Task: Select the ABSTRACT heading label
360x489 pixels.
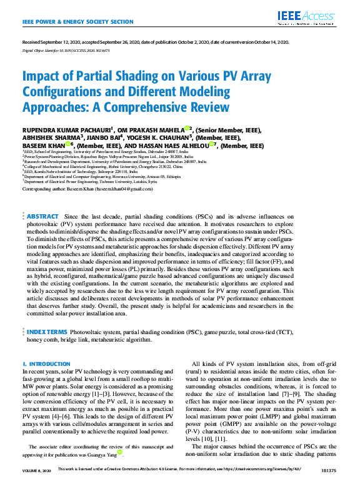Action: pos(42,215)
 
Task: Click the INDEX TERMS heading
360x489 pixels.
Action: pos(47,332)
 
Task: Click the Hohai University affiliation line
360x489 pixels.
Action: pos(93,166)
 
